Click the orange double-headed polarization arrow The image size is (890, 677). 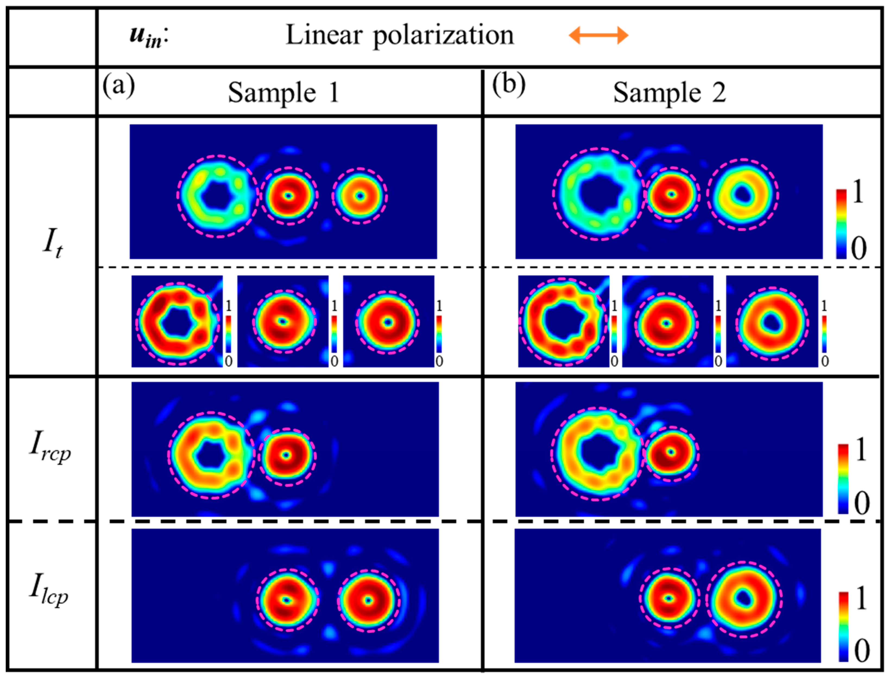[x=598, y=36]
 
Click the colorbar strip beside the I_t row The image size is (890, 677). [x=841, y=224]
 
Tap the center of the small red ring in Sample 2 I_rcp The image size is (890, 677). [x=671, y=452]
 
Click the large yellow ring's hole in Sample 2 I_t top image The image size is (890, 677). [x=741, y=195]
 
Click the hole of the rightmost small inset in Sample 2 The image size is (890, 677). [x=771, y=321]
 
